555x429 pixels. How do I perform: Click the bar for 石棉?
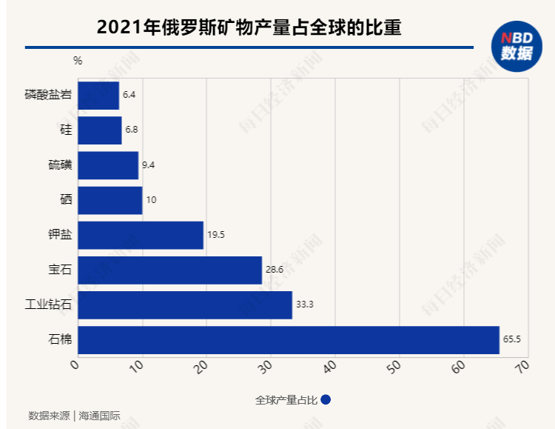click(289, 339)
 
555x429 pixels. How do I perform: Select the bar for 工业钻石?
click(185, 305)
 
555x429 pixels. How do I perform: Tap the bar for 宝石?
click(169, 270)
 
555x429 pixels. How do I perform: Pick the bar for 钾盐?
click(141, 235)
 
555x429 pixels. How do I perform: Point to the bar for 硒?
click(110, 200)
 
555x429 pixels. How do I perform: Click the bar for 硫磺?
click(108, 165)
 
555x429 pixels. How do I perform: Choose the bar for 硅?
click(100, 130)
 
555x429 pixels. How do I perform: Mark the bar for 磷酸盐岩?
click(98, 96)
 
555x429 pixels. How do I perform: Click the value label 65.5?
click(512, 339)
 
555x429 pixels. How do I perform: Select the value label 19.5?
click(215, 235)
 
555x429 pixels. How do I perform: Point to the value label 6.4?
click(129, 96)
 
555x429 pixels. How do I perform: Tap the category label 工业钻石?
click(48, 305)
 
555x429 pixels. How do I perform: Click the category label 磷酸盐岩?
click(48, 96)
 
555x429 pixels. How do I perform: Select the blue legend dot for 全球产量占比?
click(326, 400)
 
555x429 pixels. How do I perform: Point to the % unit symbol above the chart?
click(78, 61)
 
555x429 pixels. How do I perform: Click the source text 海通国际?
click(100, 416)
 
